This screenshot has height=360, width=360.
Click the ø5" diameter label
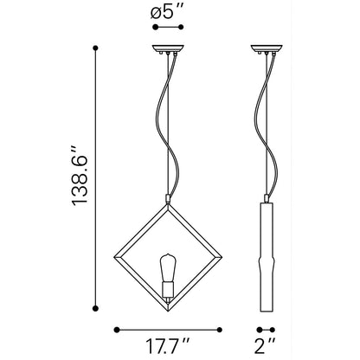pyautogui.click(x=167, y=12)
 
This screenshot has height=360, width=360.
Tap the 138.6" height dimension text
pyautogui.click(x=79, y=177)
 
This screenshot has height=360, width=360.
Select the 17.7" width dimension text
pyautogui.click(x=167, y=346)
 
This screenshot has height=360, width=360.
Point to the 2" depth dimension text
pyautogui.click(x=265, y=346)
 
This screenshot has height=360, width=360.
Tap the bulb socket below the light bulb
pyautogui.click(x=168, y=291)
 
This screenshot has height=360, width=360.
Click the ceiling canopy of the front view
pyautogui.click(x=168, y=48)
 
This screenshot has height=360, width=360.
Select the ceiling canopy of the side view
pyautogui.click(x=267, y=48)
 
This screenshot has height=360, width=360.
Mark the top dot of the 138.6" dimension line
pyautogui.click(x=96, y=48)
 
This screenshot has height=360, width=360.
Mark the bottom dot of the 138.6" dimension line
pyautogui.click(x=96, y=308)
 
